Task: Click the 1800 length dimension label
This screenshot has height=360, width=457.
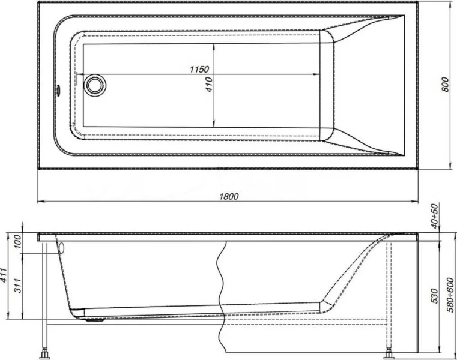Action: [x=229, y=196]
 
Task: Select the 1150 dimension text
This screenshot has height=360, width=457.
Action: [x=199, y=70]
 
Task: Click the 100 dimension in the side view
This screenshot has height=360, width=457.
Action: [x=17, y=241]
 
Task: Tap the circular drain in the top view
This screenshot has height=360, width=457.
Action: [x=94, y=84]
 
